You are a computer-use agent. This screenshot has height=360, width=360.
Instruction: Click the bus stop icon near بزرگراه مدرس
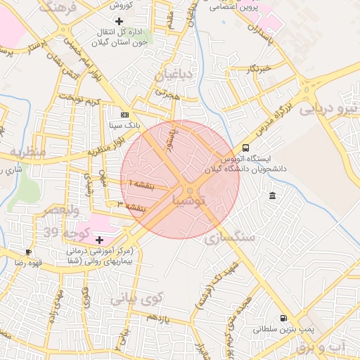pos(245,148)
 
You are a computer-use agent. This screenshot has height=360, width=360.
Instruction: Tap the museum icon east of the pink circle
pos(272,195)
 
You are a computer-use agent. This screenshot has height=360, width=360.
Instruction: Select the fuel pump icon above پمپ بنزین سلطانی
pos(283,317)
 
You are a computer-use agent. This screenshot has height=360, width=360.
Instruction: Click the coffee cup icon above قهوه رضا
pos(28,252)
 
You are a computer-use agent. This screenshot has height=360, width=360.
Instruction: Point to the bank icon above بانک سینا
pos(124,114)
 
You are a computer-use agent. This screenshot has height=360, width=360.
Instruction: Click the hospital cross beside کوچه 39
pos(99,240)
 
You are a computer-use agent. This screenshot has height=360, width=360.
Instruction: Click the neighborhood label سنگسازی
pos(229,238)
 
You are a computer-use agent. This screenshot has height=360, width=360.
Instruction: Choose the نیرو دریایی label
pos(329,108)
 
